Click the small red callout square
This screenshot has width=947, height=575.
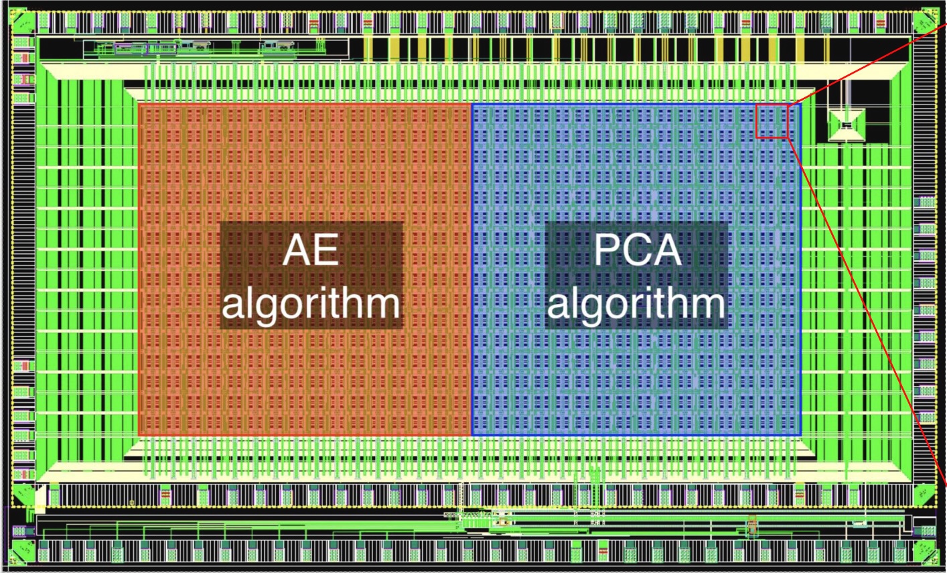772,121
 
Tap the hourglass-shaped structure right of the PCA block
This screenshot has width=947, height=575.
847,125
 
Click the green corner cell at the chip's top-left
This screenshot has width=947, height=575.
23,21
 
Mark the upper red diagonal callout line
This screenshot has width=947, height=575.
867,64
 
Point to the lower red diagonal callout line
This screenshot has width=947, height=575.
867,311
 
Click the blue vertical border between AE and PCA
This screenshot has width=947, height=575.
471,269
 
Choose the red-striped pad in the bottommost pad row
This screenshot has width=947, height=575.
603,551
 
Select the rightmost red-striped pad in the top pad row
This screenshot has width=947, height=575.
881,22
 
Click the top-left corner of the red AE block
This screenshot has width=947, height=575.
139,105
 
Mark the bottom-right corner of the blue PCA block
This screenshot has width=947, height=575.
800,435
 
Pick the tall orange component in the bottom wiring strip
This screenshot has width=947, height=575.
751,525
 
